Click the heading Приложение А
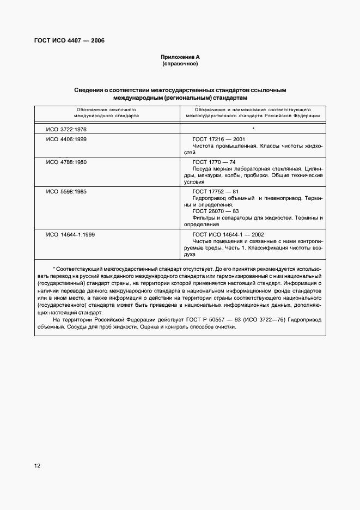(x=180, y=58)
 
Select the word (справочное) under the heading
(x=180, y=64)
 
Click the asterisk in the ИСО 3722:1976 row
(x=254, y=129)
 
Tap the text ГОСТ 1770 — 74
(x=214, y=162)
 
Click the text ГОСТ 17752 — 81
(x=216, y=191)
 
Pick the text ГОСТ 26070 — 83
(x=216, y=211)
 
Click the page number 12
(x=37, y=466)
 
